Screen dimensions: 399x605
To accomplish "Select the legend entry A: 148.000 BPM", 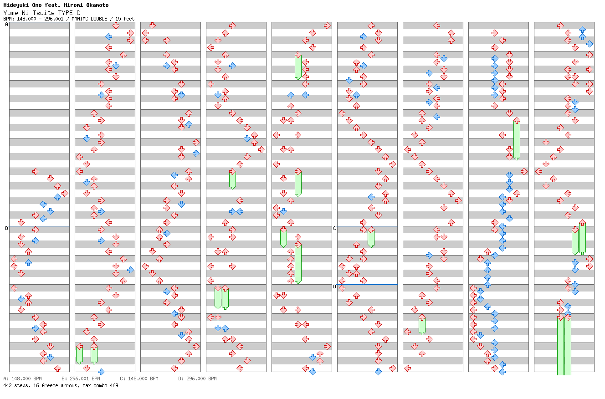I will pos(22,379).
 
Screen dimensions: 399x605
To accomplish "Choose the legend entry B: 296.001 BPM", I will pos(81,379).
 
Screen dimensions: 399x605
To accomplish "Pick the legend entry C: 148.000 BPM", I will pos(139,379).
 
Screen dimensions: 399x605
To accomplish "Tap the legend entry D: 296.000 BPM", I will pos(197,379).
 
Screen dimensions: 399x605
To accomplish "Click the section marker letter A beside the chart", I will pos(6,25).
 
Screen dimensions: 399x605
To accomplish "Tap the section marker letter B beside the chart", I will pos(6,228).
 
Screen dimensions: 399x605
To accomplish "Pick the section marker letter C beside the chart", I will pos(334,228).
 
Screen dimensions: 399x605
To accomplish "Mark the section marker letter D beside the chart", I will pos(334,286).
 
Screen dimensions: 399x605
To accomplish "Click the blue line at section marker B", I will pos(39,226).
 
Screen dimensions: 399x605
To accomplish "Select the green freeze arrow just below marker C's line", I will pos(371,237).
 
